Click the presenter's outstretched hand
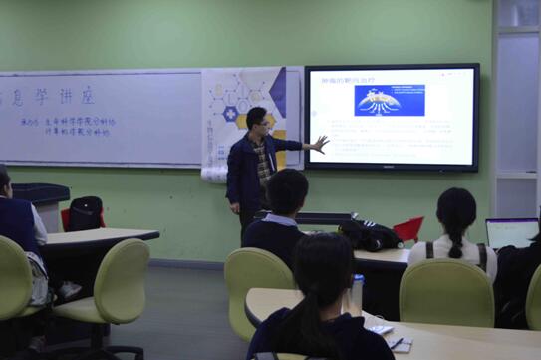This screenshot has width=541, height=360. (x=319, y=143)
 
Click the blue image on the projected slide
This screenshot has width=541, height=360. (x=389, y=100)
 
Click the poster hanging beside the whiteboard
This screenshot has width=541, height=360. (x=245, y=115)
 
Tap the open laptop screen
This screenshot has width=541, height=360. (x=512, y=233)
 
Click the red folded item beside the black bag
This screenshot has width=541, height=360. (x=408, y=229)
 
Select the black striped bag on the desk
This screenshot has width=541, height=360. (x=370, y=235)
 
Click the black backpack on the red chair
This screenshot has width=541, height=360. (x=85, y=213)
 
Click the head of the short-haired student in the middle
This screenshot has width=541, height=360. (x=287, y=190)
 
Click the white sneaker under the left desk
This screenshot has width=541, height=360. (x=69, y=291)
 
